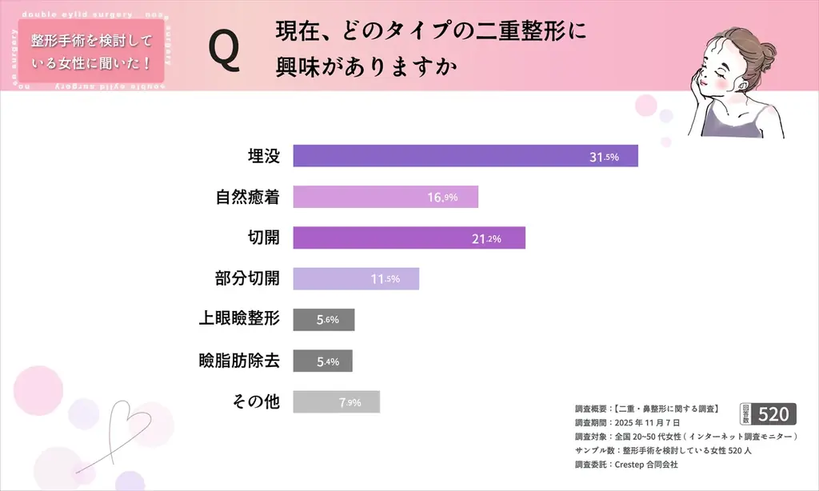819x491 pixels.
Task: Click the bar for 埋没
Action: [465, 155]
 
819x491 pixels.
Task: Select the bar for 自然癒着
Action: [385, 197]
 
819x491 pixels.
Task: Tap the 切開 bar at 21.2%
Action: [409, 238]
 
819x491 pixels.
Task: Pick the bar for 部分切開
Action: [355, 278]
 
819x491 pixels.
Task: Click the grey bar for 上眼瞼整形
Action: [323, 319]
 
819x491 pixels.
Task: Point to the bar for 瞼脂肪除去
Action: [322, 361]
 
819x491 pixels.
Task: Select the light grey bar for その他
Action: [336, 401]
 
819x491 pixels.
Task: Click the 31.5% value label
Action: [604, 157]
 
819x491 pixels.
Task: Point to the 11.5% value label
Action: [385, 279]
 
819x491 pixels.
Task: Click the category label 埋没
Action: [263, 156]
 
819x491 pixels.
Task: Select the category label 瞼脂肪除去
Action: [239, 361]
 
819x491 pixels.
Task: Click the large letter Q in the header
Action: [223, 50]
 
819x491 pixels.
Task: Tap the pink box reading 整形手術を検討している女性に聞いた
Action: [90, 50]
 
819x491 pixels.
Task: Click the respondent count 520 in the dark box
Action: [773, 413]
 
